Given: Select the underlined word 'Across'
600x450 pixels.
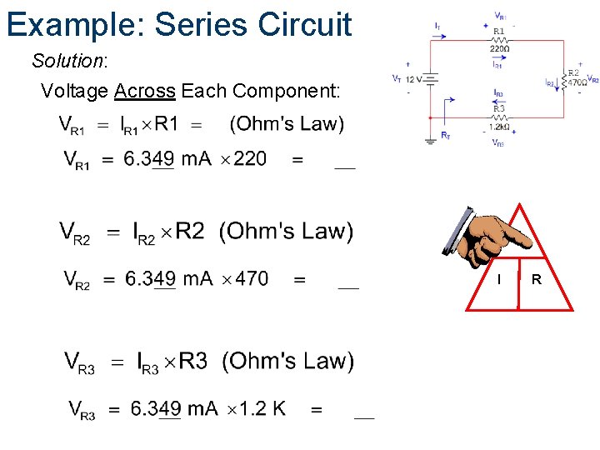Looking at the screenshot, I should [x=144, y=90].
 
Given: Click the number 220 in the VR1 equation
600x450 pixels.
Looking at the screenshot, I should [x=250, y=158].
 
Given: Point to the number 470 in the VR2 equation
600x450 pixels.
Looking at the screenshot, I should [x=252, y=278].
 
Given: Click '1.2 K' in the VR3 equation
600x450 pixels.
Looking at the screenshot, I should [x=262, y=408].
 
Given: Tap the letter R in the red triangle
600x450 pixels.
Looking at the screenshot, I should [x=537, y=279].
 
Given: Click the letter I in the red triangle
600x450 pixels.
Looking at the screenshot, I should [x=498, y=279].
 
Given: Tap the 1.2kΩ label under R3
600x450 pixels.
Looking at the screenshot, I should [x=499, y=127].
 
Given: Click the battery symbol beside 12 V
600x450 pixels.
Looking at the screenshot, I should [x=429, y=78].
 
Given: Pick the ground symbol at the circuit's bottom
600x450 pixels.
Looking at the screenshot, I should [x=429, y=139].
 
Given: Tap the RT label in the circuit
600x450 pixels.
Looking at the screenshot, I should [x=446, y=135].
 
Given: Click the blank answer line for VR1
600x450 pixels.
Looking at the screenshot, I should [x=344, y=167].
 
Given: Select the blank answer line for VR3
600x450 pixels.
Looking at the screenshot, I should [x=364, y=417].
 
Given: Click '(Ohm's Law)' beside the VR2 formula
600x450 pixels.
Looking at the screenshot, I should [x=286, y=231].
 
